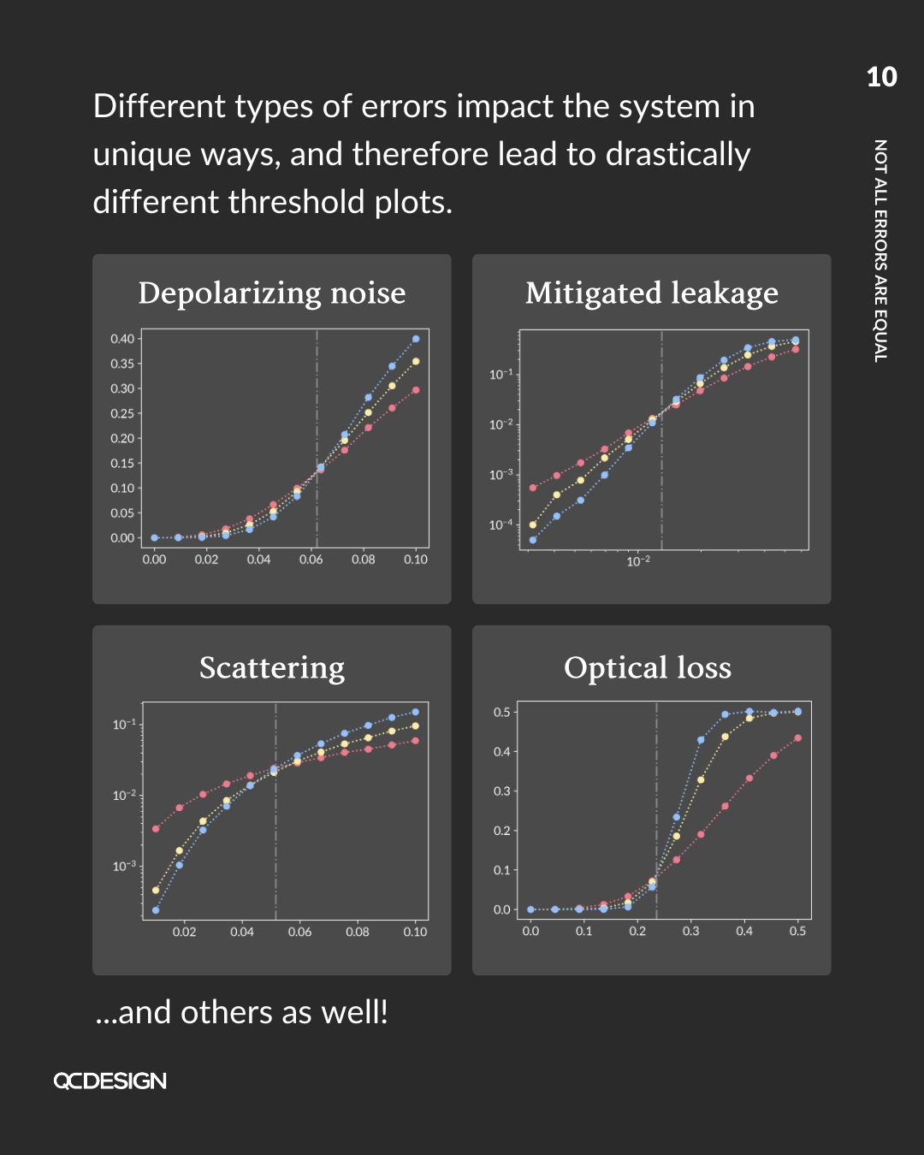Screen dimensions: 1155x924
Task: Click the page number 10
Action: point(881,78)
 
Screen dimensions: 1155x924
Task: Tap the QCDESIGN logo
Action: point(110,1081)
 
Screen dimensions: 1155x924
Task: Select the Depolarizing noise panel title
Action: point(272,293)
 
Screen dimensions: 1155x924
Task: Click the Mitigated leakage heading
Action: point(652,293)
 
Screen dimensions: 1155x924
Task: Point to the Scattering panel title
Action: point(272,667)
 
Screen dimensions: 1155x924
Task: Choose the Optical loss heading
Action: point(648,667)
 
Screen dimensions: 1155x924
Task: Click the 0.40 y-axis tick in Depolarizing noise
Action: point(122,339)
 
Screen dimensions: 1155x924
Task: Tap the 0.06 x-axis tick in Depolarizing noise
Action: point(311,560)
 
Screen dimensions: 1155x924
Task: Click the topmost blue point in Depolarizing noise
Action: point(416,339)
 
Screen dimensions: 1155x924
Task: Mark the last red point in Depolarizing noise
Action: point(416,390)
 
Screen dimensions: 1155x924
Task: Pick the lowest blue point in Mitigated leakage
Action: point(533,540)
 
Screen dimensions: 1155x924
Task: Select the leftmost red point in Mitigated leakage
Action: point(533,488)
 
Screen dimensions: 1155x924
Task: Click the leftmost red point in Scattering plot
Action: point(156,828)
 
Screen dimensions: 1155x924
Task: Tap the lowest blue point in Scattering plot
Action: point(156,910)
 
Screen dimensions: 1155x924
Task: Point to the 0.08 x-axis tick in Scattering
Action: point(358,932)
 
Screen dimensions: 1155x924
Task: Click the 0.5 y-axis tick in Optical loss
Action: point(501,712)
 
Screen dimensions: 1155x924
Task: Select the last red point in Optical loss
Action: point(798,737)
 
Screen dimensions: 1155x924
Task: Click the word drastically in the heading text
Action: point(678,155)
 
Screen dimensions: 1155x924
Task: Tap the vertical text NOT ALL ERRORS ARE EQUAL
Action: point(880,251)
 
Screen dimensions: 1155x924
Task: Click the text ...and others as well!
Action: point(241,1012)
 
